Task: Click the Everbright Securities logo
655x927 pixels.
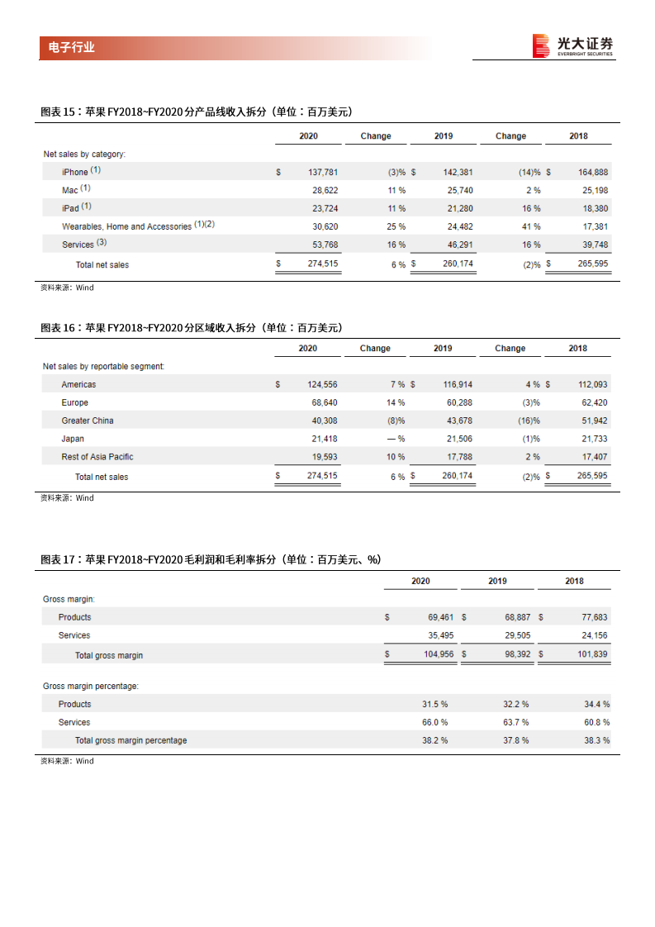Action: click(x=572, y=45)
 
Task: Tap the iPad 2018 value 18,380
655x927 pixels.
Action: click(x=592, y=208)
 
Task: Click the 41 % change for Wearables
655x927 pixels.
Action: click(x=531, y=226)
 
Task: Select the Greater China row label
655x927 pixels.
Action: click(x=88, y=421)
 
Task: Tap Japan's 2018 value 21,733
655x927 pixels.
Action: click(x=592, y=439)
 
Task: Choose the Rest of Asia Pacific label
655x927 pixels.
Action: click(x=97, y=457)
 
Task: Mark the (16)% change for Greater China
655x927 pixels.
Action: click(x=529, y=421)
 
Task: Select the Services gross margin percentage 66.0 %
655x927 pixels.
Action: click(x=434, y=722)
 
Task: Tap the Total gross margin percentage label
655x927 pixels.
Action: click(x=131, y=740)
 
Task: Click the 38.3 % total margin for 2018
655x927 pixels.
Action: click(x=596, y=740)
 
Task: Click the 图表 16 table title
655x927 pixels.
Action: click(x=192, y=328)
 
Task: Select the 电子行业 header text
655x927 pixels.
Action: click(x=67, y=48)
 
